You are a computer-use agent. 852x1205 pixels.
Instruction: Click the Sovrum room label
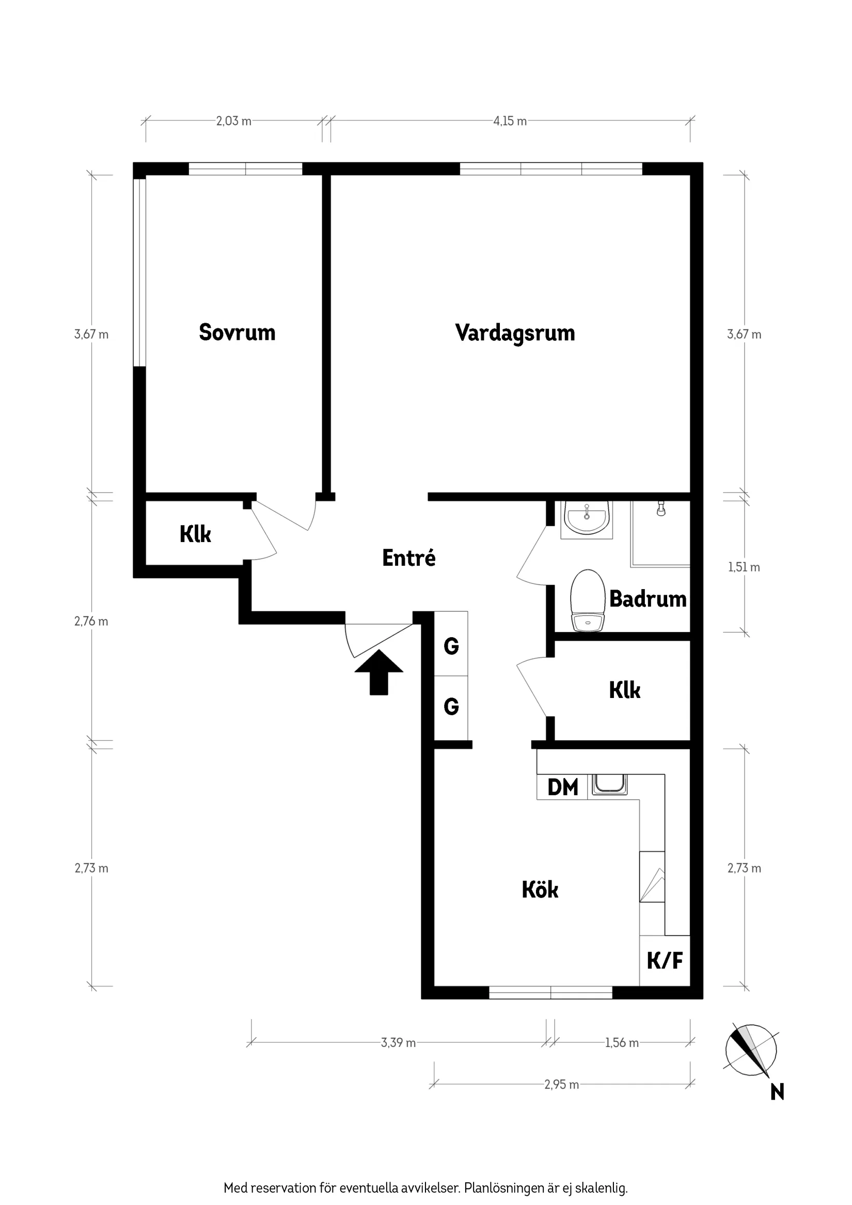(x=237, y=332)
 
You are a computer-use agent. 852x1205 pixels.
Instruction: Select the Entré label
(x=408, y=558)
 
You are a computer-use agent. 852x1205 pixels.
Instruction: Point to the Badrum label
(x=648, y=599)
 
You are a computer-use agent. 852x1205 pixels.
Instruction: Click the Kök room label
(x=540, y=890)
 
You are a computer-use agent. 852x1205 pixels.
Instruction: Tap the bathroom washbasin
(x=587, y=518)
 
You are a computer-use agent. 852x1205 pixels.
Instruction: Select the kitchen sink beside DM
(x=609, y=785)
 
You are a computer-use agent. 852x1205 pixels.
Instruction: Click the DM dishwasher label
(x=562, y=787)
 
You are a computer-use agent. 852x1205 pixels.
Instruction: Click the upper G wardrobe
(x=451, y=646)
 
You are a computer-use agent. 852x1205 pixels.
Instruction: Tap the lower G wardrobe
(x=451, y=706)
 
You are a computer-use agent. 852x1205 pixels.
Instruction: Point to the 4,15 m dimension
(x=510, y=121)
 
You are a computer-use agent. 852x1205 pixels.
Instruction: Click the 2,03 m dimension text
(x=233, y=121)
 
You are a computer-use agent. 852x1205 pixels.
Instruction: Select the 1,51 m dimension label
(x=744, y=567)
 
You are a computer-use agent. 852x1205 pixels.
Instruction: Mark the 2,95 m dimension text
(x=561, y=1084)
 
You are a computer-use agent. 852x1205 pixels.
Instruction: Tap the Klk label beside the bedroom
(x=195, y=534)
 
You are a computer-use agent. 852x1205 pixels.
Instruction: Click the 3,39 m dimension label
(x=398, y=1042)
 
